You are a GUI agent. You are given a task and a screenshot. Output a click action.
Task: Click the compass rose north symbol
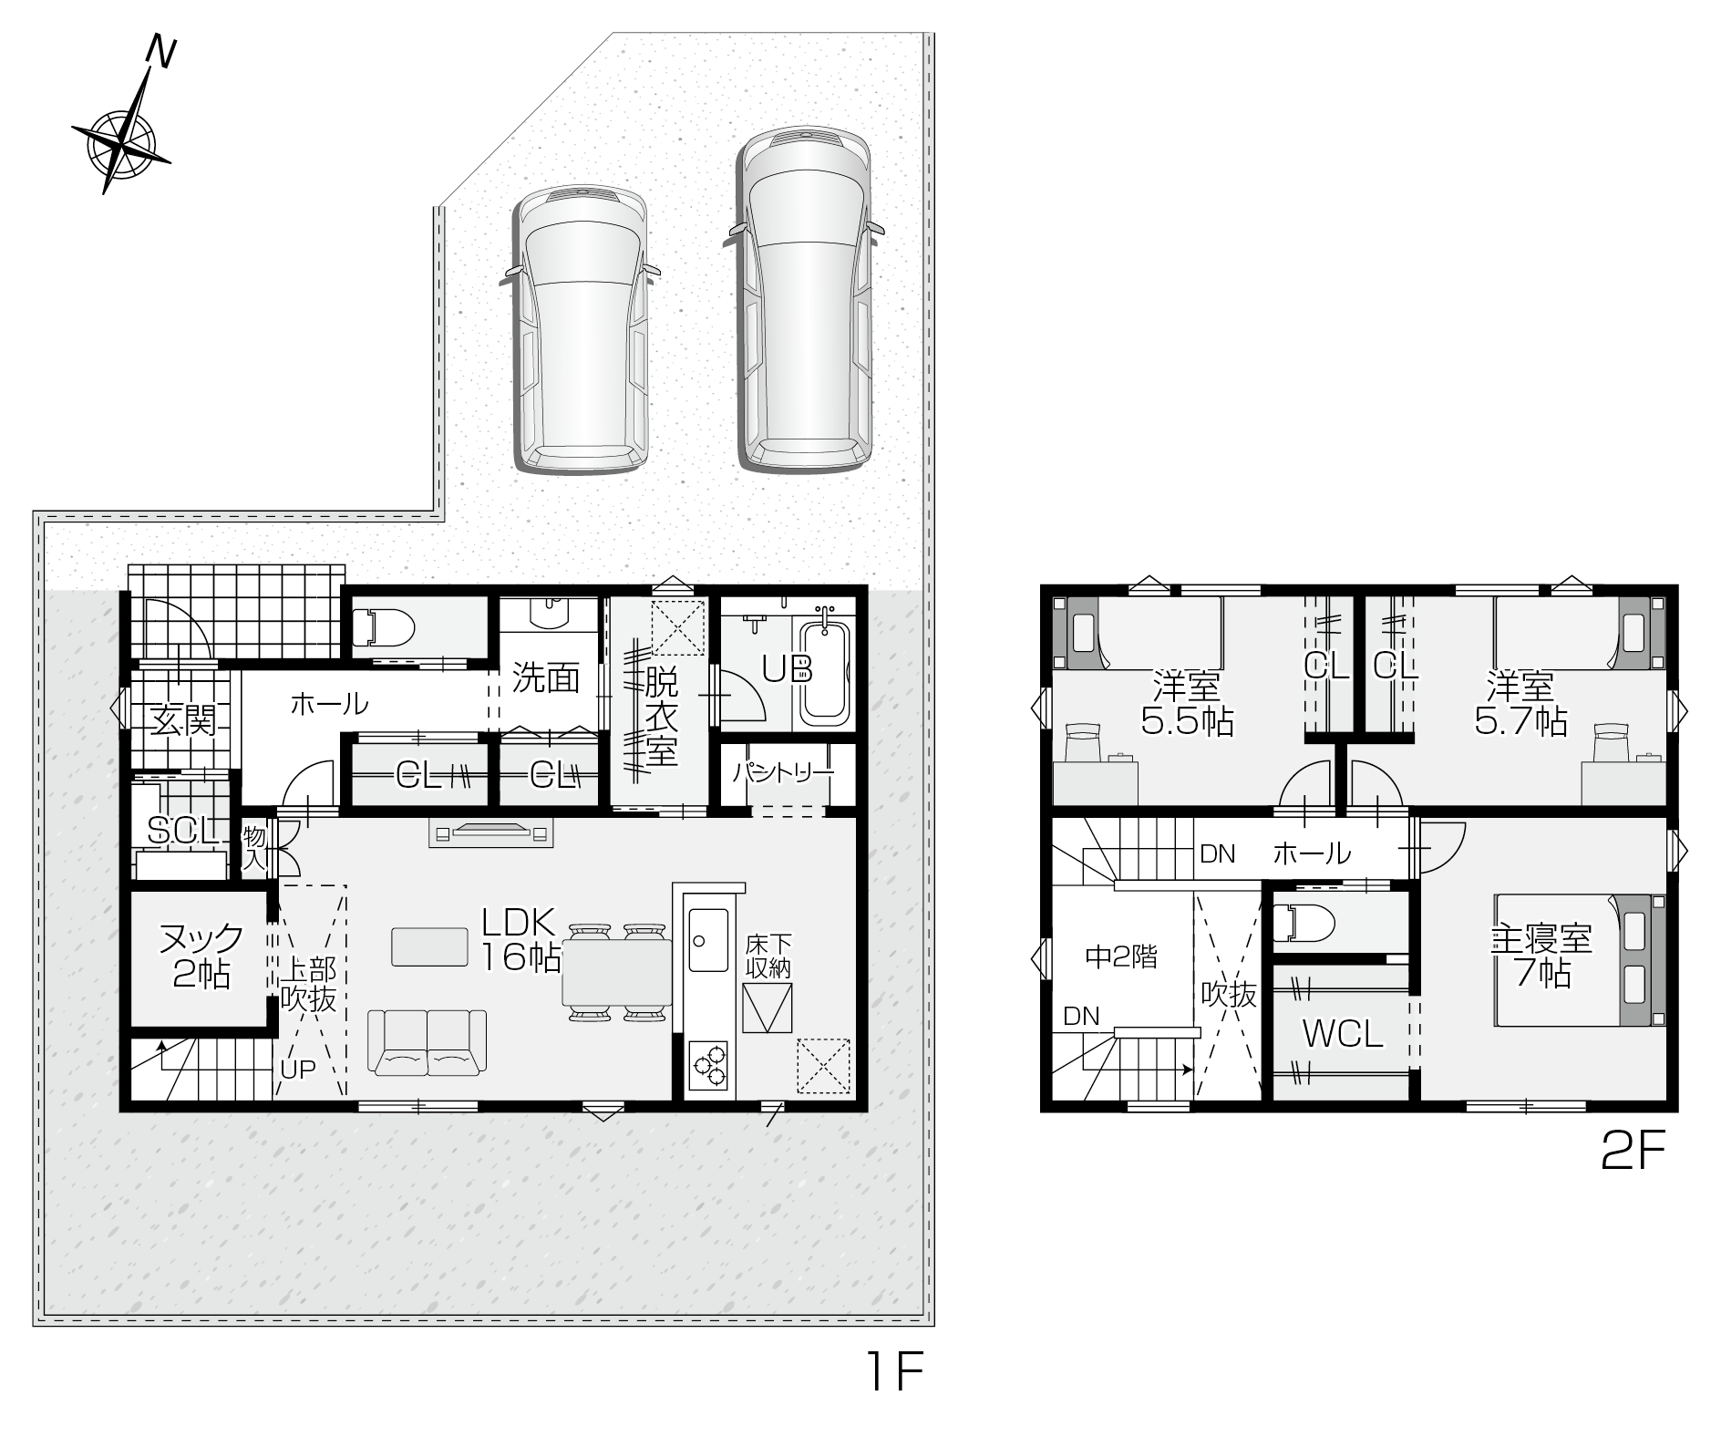[121, 142]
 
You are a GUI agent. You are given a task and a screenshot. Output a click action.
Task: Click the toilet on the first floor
[384, 627]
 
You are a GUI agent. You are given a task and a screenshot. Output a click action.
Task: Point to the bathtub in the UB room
[825, 670]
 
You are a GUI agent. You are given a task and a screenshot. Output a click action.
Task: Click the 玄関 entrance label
[183, 720]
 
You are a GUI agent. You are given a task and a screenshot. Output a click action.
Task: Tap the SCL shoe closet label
[183, 830]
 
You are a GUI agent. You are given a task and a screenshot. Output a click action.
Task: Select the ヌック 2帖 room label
[201, 955]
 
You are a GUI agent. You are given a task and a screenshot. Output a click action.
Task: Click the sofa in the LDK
[427, 1040]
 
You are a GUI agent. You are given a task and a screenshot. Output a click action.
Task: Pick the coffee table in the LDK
[429, 946]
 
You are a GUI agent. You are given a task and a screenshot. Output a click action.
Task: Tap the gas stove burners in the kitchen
[708, 1065]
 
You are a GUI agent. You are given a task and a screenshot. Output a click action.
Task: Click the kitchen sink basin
[708, 940]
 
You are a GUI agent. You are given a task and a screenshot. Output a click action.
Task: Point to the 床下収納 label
[768, 956]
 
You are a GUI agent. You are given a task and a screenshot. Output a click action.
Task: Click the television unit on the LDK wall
[491, 833]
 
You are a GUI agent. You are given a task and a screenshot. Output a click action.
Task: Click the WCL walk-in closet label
[1342, 1034]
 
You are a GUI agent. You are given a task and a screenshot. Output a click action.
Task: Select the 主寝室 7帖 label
[1541, 956]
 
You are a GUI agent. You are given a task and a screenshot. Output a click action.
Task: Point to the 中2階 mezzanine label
[1121, 956]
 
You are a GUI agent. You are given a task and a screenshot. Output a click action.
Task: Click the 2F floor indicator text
[1633, 1152]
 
